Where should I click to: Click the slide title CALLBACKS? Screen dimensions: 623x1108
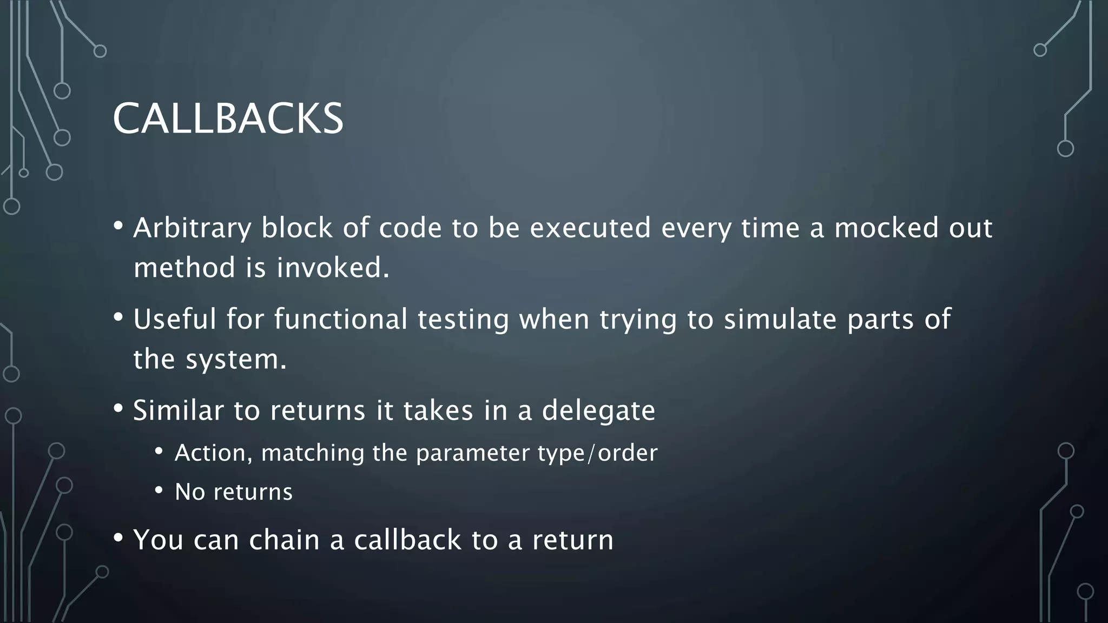[228, 118]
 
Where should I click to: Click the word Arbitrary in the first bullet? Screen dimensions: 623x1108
[192, 228]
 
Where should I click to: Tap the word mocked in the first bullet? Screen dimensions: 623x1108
[886, 228]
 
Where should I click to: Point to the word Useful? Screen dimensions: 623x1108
[175, 319]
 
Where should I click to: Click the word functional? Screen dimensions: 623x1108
[340, 319]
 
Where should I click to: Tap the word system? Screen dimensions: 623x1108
[236, 359]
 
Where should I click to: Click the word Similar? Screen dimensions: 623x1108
[178, 410]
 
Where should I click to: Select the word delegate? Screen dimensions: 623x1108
[598, 411]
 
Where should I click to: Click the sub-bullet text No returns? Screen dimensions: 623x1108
[233, 492]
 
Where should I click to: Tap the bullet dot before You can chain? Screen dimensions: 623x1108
[118, 538]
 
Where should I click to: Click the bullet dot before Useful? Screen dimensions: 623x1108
[118, 316]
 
